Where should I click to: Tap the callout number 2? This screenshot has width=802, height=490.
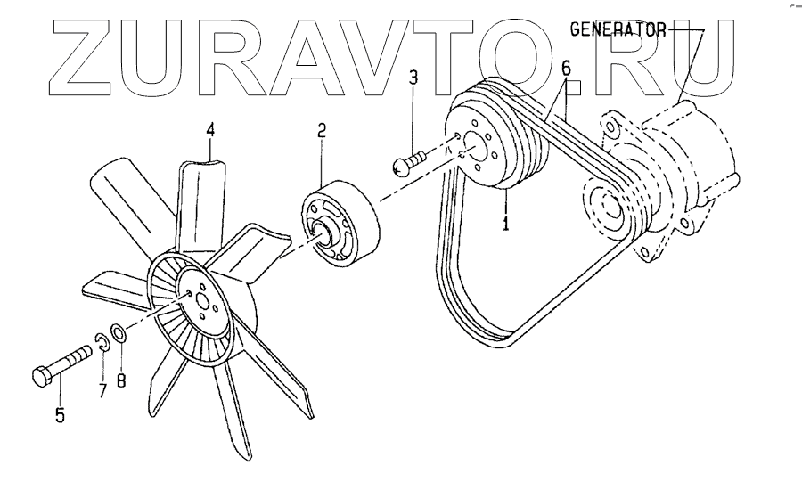322,130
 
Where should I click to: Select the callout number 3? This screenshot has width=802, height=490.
413,78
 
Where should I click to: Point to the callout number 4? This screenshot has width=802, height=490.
210,130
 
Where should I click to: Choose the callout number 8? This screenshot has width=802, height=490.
121,379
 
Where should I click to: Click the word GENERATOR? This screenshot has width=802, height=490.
618,29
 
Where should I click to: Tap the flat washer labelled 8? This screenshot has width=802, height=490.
119,331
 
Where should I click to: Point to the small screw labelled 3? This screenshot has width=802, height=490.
407,163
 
